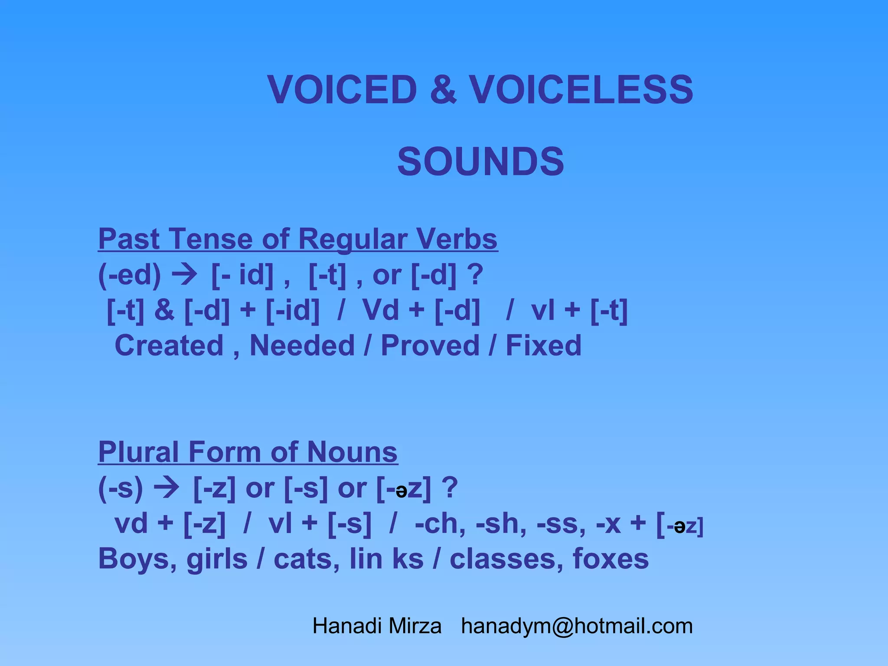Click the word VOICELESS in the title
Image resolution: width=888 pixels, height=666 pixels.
point(581,90)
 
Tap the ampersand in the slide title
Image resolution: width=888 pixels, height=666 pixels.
point(443,90)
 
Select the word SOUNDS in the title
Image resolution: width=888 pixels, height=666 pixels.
point(480,162)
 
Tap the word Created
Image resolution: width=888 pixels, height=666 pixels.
point(169,346)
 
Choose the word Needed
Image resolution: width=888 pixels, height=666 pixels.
point(302,346)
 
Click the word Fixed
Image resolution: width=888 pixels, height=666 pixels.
point(543,346)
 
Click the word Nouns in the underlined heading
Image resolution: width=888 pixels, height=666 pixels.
point(352,452)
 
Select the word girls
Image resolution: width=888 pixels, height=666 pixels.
point(217,559)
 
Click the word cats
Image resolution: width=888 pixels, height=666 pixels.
point(306,559)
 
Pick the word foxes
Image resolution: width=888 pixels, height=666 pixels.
point(610,559)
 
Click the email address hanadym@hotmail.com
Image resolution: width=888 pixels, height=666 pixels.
point(577,626)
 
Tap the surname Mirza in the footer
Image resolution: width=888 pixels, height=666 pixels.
point(415,626)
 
